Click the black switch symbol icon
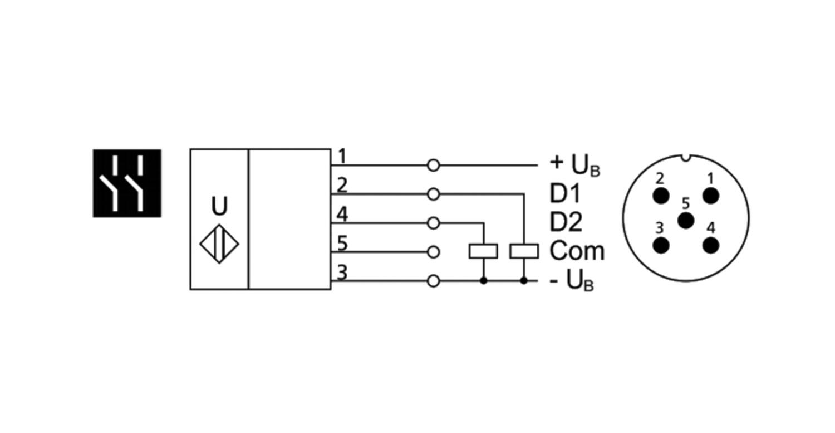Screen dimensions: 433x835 [127, 183]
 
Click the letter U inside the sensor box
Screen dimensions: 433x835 [219, 207]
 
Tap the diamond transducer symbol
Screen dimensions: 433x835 [219, 244]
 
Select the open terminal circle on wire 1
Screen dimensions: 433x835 [433, 166]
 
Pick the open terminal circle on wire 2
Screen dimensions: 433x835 [433, 194]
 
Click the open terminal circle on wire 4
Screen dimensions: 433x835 [433, 223]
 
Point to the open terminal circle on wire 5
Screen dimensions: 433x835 [433, 252]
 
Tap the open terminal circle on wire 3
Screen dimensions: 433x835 [433, 281]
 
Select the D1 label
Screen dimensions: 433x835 [565, 193]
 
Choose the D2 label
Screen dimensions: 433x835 [566, 222]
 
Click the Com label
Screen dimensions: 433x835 [577, 251]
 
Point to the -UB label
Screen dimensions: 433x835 [571, 281]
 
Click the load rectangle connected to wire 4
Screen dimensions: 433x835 [483, 251]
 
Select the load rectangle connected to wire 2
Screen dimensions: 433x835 [524, 251]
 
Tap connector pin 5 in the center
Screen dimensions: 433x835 [686, 221]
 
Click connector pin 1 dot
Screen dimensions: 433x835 [710, 196]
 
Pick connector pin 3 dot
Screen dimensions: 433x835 [661, 245]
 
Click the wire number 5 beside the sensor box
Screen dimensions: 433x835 [342, 244]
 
